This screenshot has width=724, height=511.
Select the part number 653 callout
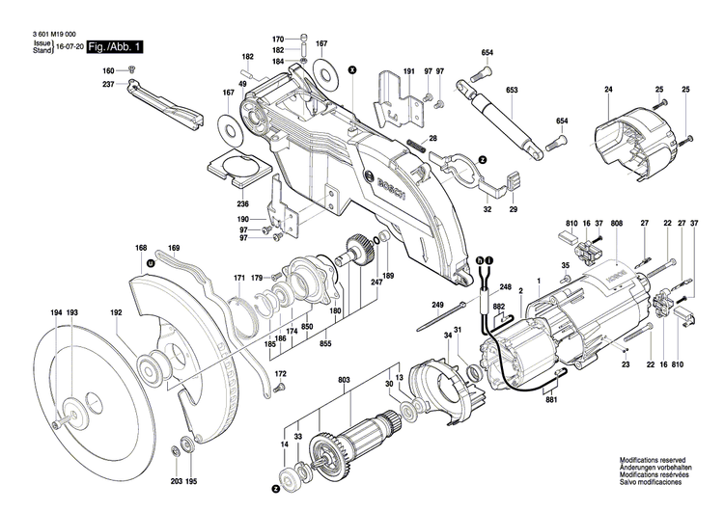[x=512, y=91]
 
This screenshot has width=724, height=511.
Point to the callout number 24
[x=608, y=91]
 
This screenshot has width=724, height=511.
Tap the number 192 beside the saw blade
[x=116, y=313]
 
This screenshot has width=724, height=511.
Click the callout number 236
[x=243, y=203]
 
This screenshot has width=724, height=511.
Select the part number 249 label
[x=437, y=306]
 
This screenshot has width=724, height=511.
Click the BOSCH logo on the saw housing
[x=387, y=184]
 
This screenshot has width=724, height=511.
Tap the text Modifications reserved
[x=655, y=462]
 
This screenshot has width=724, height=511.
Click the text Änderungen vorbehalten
[x=655, y=470]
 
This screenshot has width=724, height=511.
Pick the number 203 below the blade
[x=177, y=481]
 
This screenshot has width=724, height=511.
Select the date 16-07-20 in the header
[x=69, y=46]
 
